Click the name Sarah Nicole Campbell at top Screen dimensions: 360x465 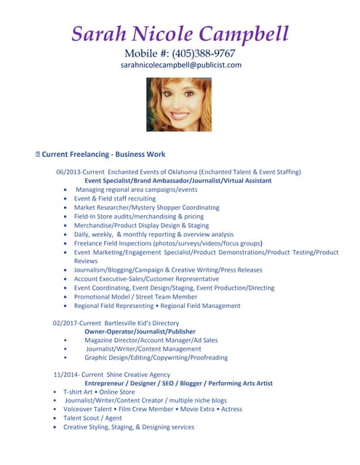(x=180, y=33)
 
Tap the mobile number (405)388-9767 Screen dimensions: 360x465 (x=203, y=53)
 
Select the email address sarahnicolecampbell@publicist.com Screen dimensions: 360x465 (x=180, y=65)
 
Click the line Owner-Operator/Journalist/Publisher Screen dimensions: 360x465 (x=140, y=331)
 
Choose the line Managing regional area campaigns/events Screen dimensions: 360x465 (x=136, y=189)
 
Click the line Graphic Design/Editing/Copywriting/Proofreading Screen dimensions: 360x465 (x=156, y=357)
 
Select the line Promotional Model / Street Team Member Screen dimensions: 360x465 (x=135, y=296)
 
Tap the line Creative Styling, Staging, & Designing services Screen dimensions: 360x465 (x=129, y=426)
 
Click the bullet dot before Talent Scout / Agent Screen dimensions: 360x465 (x=56, y=418)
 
